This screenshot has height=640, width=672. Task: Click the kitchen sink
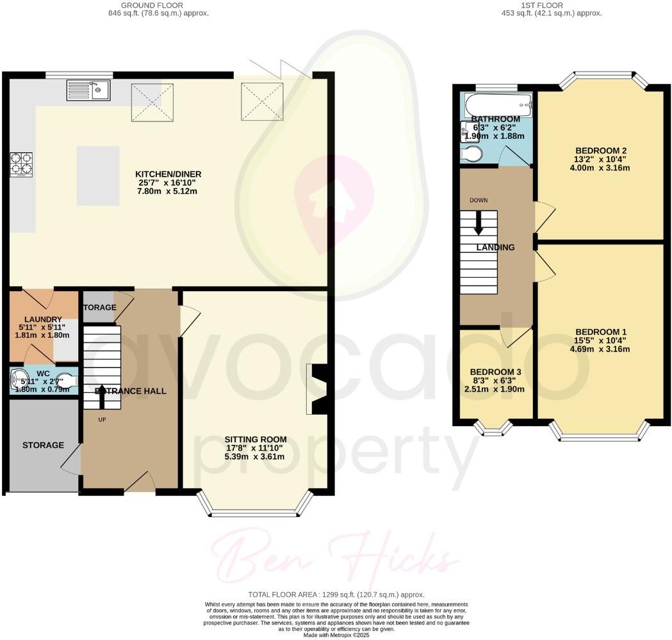(x=88, y=90)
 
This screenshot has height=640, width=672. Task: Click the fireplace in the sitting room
(x=317, y=389)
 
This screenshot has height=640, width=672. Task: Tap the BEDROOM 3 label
(x=496, y=372)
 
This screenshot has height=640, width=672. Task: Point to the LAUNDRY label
(x=43, y=319)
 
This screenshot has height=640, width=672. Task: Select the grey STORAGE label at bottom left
(x=43, y=445)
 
